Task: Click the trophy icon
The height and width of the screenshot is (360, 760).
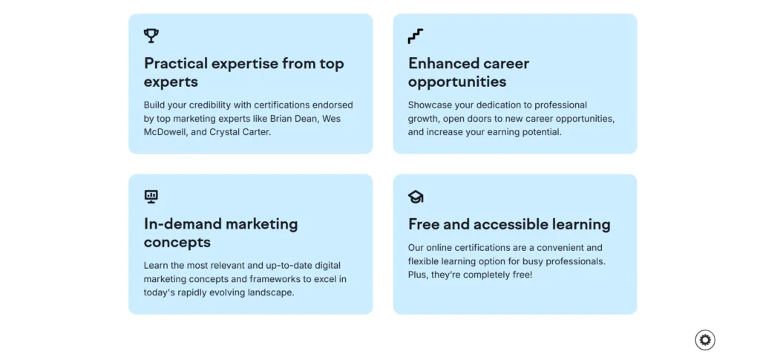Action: coord(151,36)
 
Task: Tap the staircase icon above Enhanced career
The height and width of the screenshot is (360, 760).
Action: coord(416,36)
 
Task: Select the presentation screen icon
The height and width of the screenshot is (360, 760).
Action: coord(151,196)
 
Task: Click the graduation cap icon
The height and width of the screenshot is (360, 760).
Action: coord(416,197)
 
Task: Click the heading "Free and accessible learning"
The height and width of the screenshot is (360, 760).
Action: coord(509,224)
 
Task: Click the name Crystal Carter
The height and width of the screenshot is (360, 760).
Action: coord(240,132)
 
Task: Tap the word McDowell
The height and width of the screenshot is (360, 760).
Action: coord(165,132)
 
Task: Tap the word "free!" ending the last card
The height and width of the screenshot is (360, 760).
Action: coord(521,275)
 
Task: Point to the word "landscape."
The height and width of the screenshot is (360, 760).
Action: coord(271,293)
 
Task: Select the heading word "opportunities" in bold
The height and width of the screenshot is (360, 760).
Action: coord(457,82)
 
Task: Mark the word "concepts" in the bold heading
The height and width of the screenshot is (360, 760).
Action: coord(177,242)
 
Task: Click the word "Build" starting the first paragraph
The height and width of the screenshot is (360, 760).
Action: coord(154,105)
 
